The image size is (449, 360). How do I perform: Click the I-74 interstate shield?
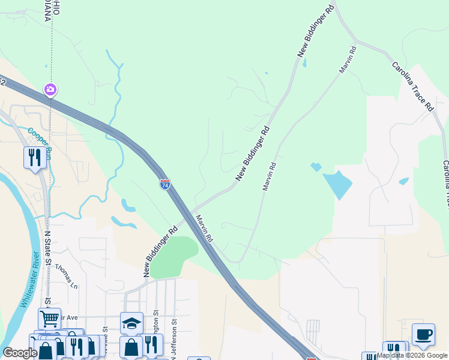coord(164,185)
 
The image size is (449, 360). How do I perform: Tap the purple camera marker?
coord(50,90)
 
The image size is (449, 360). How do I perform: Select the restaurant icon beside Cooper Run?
coord(34,158)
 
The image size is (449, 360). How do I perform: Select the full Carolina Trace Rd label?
coord(413,86)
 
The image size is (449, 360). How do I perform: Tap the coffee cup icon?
coord(423,335)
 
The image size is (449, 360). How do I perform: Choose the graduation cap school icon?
coord(131,323)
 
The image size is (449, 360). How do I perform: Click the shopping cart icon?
coord(49,319)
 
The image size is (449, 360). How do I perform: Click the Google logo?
coord(19,353)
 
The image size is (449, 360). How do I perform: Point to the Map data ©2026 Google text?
coord(412,355)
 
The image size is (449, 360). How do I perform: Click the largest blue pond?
coord(337,185)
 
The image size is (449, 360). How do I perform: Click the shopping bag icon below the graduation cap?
coord(131,347)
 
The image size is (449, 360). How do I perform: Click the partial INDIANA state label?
coord(46,10)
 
